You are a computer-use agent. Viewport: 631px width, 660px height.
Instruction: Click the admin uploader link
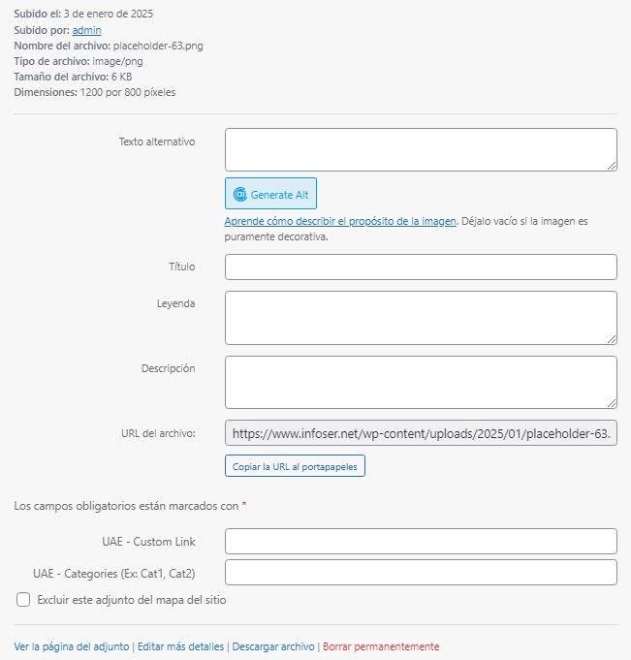pos(86,30)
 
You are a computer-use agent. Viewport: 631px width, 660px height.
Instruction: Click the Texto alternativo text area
pos(421,149)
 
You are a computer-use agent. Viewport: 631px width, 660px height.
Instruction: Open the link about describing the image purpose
pos(339,221)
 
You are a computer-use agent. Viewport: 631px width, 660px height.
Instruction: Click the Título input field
pos(421,267)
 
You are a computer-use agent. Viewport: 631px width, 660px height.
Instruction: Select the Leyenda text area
pos(421,317)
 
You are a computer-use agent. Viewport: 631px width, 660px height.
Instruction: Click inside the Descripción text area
pos(421,382)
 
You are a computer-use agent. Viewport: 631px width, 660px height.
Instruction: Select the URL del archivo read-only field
pos(421,432)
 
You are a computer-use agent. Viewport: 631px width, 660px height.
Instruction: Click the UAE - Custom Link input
pos(421,541)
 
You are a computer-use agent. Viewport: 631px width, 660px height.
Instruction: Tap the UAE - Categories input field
pos(421,573)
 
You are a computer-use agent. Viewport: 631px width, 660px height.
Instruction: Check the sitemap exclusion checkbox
pos(23,600)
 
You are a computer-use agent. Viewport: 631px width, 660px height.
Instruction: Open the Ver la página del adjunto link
pos(71,646)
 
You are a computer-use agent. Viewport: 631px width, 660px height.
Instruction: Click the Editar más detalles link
pos(180,646)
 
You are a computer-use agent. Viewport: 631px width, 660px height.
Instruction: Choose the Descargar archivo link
pos(273,646)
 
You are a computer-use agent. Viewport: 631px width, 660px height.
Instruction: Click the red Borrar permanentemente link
pos(381,646)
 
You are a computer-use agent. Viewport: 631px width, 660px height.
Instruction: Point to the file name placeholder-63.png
pos(158,46)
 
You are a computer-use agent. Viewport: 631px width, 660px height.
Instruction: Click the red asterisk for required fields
pos(244,505)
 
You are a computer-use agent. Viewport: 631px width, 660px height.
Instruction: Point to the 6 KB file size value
pos(121,77)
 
